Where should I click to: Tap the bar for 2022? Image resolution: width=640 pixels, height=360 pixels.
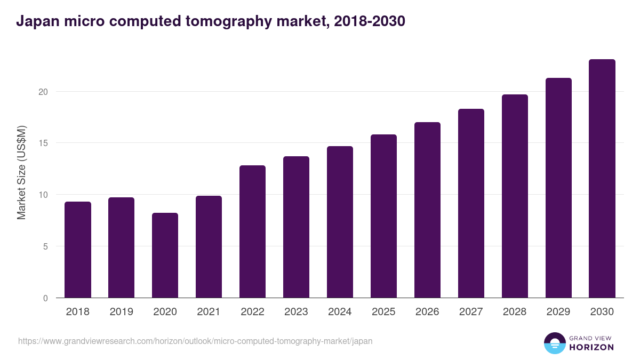coord(253,231)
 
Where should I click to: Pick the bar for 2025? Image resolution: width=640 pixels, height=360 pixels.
coord(384,216)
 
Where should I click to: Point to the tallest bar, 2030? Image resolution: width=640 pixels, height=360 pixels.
coord(602,179)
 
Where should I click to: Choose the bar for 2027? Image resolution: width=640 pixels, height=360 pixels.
coord(471,203)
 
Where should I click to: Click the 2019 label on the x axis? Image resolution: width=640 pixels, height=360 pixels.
coord(122,312)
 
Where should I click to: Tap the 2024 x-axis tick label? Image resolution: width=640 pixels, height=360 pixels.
coord(340,312)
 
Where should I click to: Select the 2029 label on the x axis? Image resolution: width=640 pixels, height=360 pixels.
coord(558,312)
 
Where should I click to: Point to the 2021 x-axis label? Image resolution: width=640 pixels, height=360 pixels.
coord(209,312)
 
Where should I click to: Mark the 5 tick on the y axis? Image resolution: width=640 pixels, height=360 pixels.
coord(45,246)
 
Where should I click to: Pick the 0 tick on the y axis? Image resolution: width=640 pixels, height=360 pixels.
coord(45,298)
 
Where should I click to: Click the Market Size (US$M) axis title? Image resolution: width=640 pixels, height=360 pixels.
coord(21,173)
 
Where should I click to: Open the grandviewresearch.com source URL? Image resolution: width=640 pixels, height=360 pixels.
coord(195,341)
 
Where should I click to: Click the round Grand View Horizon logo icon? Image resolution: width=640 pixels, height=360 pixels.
coord(554,343)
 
